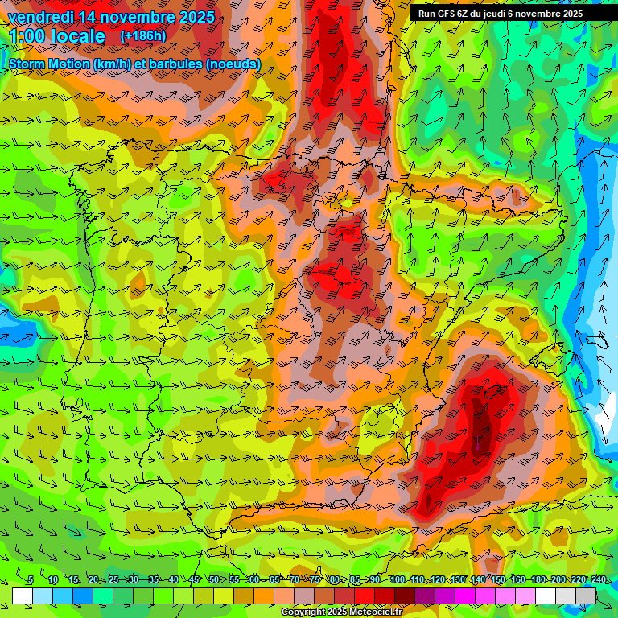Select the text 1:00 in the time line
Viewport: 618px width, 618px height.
pyautogui.click(x=27, y=37)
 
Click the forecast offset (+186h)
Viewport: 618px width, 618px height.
pyautogui.click(x=143, y=36)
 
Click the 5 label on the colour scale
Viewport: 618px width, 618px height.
pyautogui.click(x=30, y=580)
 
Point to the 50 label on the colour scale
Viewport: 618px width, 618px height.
pyautogui.click(x=213, y=580)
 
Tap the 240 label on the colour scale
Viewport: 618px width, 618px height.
pyautogui.click(x=599, y=580)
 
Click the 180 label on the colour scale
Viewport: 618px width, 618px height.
pyautogui.click(x=538, y=580)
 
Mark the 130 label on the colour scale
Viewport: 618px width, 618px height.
pyautogui.click(x=457, y=580)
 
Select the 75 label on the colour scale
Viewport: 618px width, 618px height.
pyautogui.click(x=315, y=580)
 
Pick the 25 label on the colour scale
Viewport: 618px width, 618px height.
pyautogui.click(x=113, y=580)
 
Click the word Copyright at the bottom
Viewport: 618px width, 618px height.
pyautogui.click(x=303, y=612)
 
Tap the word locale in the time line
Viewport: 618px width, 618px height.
pyautogui.click(x=78, y=37)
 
